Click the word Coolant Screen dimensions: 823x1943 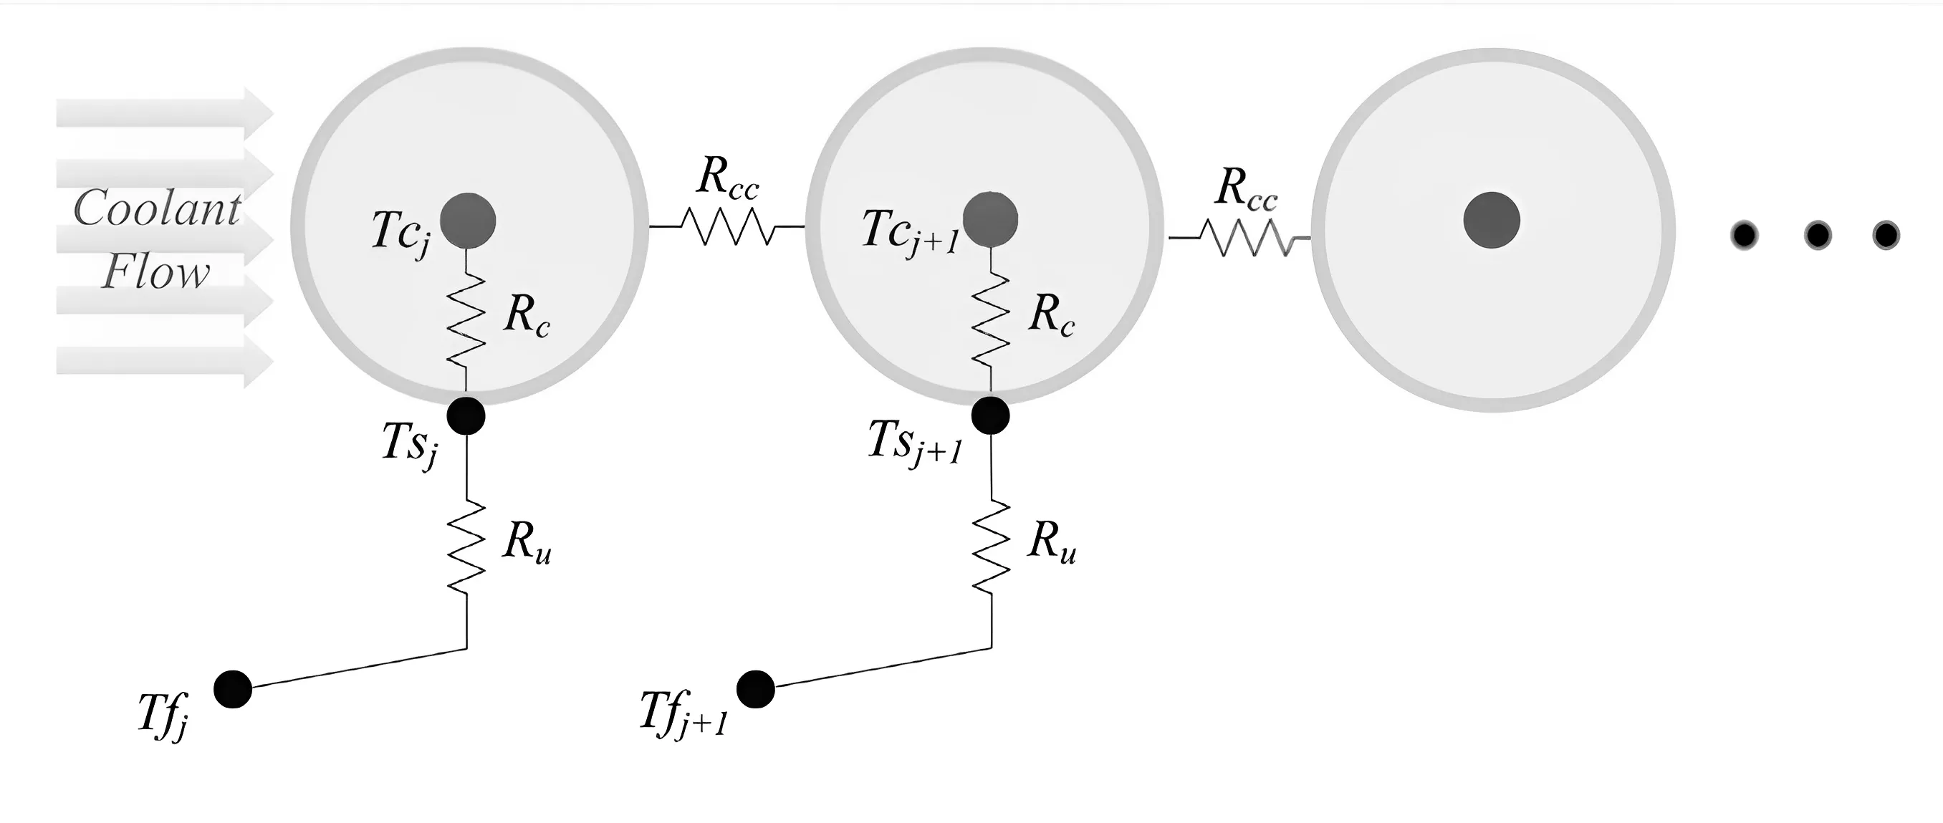pyautogui.click(x=158, y=208)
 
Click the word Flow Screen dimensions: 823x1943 pyautogui.click(x=155, y=272)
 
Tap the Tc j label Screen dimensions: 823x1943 pyautogui.click(x=400, y=232)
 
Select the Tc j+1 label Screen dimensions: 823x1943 pyautogui.click(x=910, y=232)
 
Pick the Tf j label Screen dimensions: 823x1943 pyautogui.click(x=163, y=715)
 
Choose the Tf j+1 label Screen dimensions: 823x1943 pyautogui.click(x=683, y=713)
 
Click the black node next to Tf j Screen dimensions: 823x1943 pyautogui.click(x=232, y=689)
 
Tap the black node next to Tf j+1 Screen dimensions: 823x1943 pyautogui.click(x=755, y=689)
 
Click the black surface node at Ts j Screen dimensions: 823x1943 pyautogui.click(x=466, y=415)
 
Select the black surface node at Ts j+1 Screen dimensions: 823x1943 pyautogui.click(x=990, y=415)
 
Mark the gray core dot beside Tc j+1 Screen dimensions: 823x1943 pyautogui.click(x=990, y=219)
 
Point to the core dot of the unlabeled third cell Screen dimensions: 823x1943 pyautogui.click(x=1491, y=219)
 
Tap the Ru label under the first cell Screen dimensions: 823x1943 pyautogui.click(x=527, y=543)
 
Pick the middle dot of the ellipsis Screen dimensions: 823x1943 pyautogui.click(x=1817, y=236)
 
